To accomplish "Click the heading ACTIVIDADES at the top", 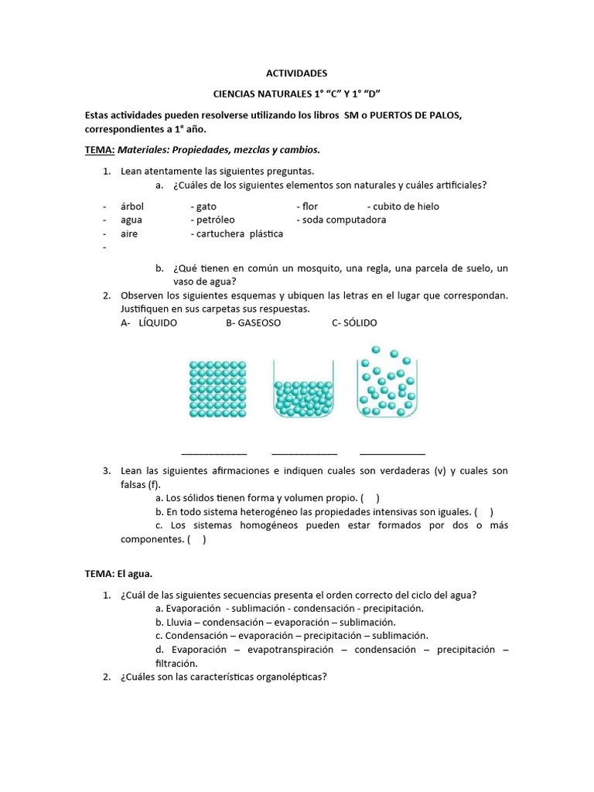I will click(x=296, y=73).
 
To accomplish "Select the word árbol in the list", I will click(x=132, y=207).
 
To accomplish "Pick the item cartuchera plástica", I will click(x=240, y=234).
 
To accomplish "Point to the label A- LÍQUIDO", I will click(x=148, y=323).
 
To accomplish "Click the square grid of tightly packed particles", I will click(x=220, y=389).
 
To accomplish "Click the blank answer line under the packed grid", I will click(x=214, y=453).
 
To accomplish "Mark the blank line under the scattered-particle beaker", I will click(x=392, y=453).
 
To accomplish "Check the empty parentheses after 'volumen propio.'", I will click(x=370, y=498).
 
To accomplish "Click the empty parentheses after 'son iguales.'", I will click(x=483, y=512).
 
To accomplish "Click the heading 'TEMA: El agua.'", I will click(x=118, y=573).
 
